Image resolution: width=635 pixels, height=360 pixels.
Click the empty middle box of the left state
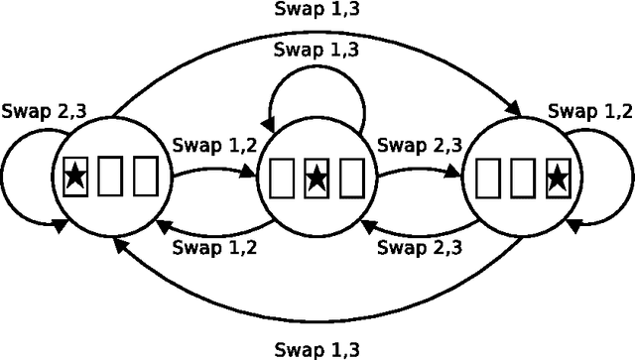click(110, 180)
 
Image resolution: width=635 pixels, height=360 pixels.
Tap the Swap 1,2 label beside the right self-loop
click(589, 112)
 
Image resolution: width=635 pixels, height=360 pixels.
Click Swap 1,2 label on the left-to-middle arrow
click(214, 145)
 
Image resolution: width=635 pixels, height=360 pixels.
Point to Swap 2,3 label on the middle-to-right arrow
click(419, 145)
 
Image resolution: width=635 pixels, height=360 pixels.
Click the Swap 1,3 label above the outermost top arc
click(317, 11)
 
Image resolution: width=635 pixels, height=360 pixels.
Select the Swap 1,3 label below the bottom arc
click(317, 348)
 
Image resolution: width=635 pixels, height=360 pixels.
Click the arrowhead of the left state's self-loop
click(59, 226)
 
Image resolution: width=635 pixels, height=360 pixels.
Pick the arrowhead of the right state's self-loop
click(574, 226)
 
